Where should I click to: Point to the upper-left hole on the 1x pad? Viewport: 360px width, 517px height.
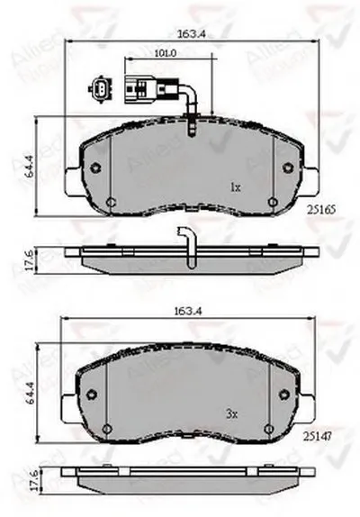[96, 167]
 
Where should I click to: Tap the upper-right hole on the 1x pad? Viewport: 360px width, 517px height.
[287, 168]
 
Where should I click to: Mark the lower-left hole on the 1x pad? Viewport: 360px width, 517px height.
[110, 203]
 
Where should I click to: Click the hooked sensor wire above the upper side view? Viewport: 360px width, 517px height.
[187, 243]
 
